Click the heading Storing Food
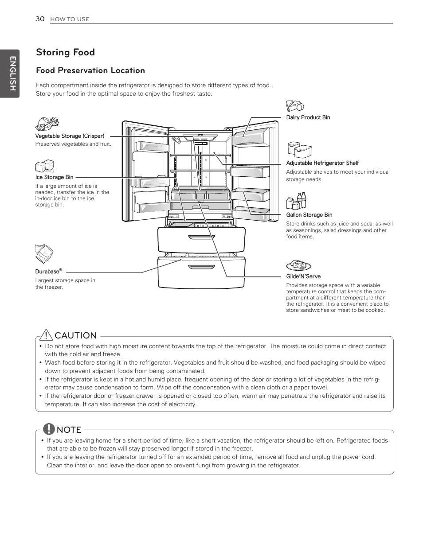65,52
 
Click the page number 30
40,19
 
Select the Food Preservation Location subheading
90,70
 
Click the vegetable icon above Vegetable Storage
47,123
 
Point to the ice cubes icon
44,166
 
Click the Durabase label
48,272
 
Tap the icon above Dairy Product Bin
294,106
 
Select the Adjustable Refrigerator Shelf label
322,163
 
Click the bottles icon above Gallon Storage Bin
296,201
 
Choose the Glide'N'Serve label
303,276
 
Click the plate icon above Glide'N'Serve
298,265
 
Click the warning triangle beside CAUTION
46,335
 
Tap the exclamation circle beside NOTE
48,429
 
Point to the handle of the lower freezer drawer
201,267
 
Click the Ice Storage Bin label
54,177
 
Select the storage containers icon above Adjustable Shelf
299,151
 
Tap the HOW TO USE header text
70,19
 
